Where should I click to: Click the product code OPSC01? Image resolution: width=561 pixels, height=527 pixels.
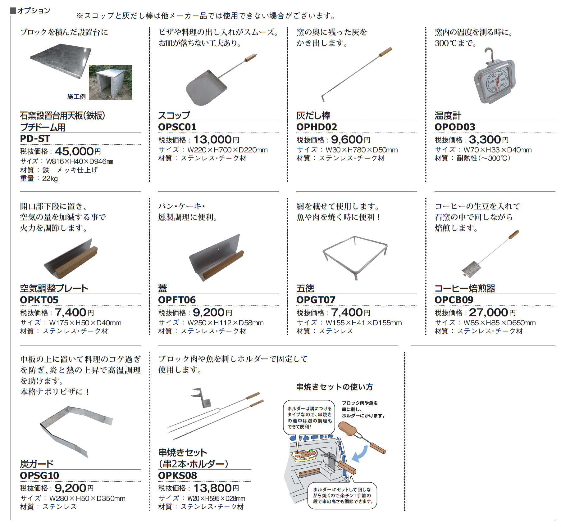(177, 127)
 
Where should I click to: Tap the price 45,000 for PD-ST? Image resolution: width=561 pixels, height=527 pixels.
(74, 151)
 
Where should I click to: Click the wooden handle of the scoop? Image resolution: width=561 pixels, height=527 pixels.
(251, 58)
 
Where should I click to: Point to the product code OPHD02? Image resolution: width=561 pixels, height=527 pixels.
(317, 127)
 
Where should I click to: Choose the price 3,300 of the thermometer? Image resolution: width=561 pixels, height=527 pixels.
(485, 140)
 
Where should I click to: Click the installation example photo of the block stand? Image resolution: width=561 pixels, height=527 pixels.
(111, 83)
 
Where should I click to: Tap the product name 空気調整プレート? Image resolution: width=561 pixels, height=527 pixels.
(54, 288)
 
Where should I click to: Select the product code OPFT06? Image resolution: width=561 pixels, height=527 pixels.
(177, 300)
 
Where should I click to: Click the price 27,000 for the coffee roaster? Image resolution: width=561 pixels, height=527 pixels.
(488, 313)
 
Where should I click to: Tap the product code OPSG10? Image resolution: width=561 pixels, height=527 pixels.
(39, 475)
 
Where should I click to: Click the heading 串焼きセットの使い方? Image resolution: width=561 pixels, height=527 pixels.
(335, 387)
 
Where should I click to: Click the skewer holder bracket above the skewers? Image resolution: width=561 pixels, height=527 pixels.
(202, 397)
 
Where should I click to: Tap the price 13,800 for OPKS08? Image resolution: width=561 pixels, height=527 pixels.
(212, 488)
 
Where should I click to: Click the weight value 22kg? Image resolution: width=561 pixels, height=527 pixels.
(50, 178)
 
